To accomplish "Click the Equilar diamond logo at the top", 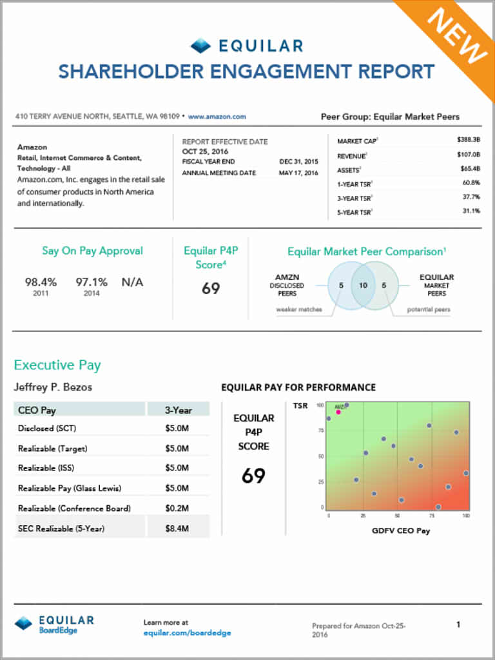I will (200, 46).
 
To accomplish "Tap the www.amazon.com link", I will (217, 117).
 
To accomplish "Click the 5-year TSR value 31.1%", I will (471, 211).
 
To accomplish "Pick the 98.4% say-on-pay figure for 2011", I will (41, 282).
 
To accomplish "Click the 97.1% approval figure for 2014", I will (92, 282).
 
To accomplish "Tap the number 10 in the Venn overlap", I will (363, 286).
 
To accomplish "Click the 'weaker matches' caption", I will (299, 310).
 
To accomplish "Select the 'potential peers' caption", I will (429, 310).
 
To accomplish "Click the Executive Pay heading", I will (57, 365).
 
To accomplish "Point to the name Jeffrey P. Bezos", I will (53, 387).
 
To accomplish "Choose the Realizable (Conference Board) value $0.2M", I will (177, 509).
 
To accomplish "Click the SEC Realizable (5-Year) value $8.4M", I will (177, 529).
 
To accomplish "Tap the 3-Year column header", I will (178, 409).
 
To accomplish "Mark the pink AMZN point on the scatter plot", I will (338, 411).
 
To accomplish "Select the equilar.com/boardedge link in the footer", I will (187, 633).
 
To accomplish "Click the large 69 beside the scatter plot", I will (253, 476).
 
